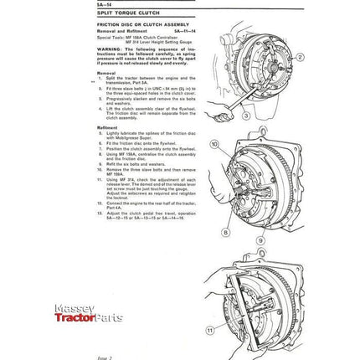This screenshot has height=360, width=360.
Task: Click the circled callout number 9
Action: coord(260,240)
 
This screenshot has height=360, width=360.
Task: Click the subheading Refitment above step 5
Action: coord(108,128)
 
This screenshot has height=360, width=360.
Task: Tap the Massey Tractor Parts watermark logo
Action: coord(88,312)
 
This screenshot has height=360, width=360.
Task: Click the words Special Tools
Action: coord(111,38)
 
